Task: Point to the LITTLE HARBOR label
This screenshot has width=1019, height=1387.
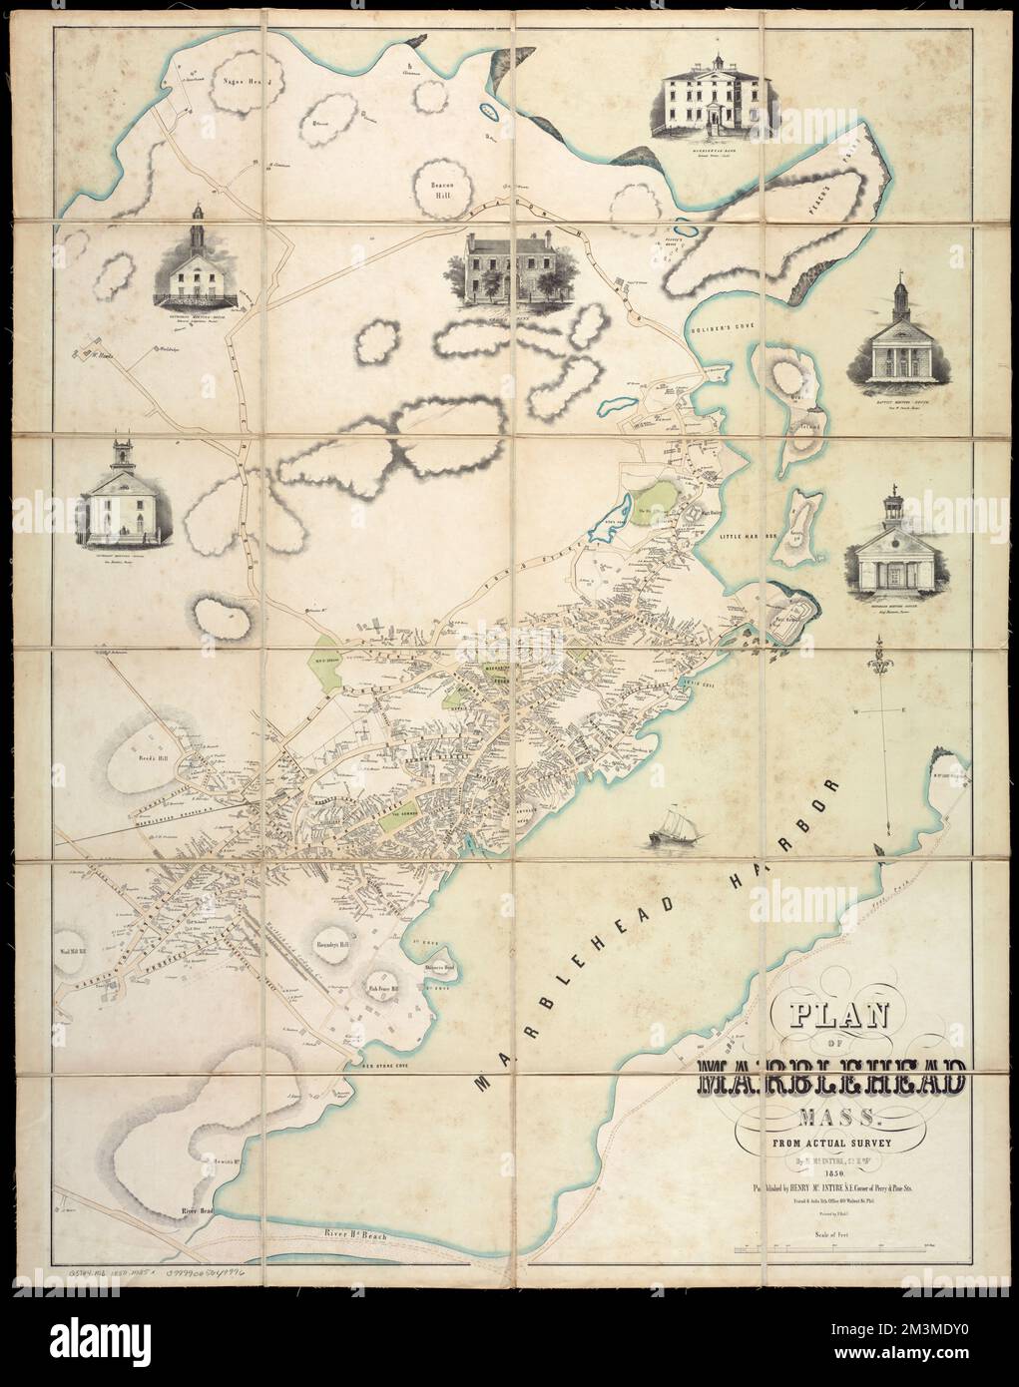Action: click(747, 536)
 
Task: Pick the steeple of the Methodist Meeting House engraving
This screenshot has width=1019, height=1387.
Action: click(197, 226)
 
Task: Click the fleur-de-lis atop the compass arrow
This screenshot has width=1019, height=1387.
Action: click(881, 664)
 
